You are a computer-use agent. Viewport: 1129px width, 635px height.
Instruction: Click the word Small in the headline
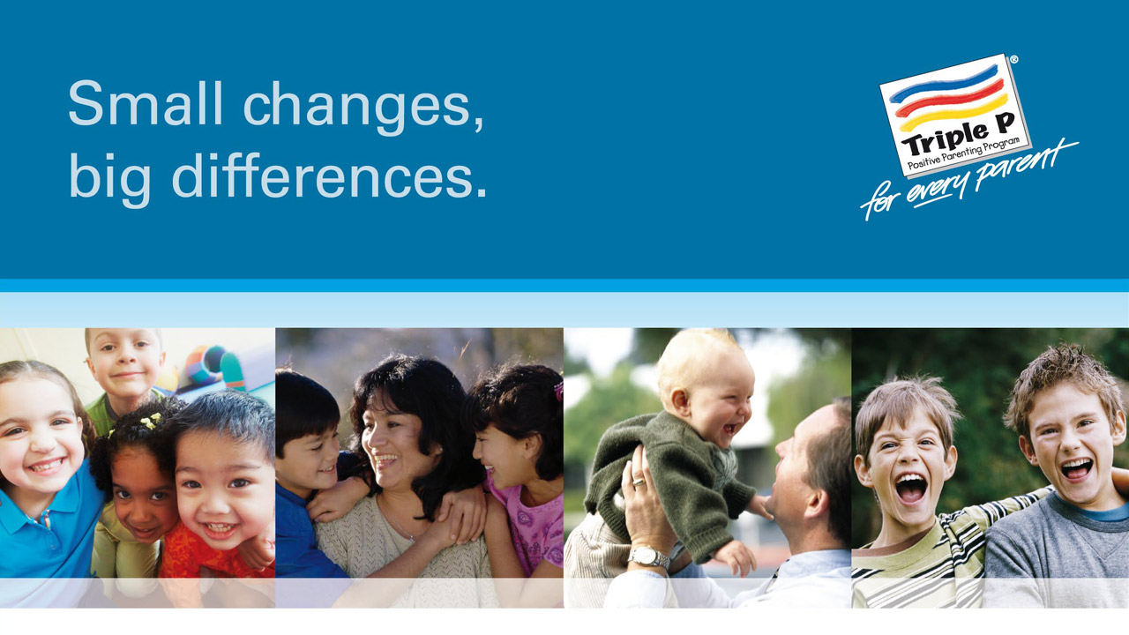(x=146, y=103)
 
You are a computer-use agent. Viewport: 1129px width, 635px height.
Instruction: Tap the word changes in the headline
(x=363, y=108)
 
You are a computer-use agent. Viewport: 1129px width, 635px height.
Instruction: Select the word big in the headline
(x=110, y=180)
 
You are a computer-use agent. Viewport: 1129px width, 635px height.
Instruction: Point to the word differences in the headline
(x=329, y=175)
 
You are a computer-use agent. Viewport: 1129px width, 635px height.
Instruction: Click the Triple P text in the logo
(x=957, y=136)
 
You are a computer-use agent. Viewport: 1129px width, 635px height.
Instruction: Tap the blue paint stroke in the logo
(x=944, y=85)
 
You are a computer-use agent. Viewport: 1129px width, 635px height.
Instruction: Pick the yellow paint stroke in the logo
(x=953, y=113)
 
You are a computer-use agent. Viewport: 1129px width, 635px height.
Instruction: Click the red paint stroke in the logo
(x=948, y=99)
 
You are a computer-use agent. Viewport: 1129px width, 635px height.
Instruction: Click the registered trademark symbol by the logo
(x=1013, y=60)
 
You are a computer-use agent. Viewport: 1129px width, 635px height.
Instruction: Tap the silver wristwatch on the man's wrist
(x=648, y=557)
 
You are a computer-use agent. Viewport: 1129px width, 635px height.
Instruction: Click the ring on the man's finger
(x=639, y=482)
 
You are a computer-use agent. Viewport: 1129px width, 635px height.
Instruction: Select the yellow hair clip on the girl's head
(x=151, y=421)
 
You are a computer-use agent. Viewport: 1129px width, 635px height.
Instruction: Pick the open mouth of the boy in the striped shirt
(x=910, y=488)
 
